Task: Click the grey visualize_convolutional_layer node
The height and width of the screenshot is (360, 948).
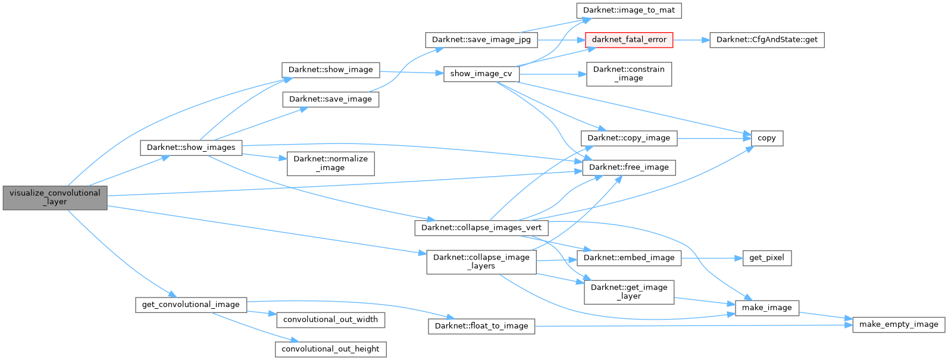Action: point(55,198)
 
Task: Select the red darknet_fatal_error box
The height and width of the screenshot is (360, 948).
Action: point(629,40)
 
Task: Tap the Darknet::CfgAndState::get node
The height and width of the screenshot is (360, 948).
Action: point(766,40)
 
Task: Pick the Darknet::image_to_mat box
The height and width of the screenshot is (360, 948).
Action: point(628,10)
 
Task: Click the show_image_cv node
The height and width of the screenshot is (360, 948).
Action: point(481,74)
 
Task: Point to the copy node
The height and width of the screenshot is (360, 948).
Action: point(766,138)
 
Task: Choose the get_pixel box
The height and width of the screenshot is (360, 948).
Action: point(766,258)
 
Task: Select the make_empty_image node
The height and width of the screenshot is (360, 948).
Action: point(899,324)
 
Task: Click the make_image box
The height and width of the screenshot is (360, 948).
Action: point(766,308)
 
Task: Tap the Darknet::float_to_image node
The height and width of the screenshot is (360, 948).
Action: point(481,326)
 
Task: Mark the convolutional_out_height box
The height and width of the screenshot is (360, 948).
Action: point(330,349)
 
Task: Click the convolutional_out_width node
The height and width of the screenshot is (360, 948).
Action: point(330,320)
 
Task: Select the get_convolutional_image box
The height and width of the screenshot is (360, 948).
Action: point(190,305)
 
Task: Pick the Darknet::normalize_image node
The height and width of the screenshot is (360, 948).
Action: point(330,164)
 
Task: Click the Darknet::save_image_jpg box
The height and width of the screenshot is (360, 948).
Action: point(481,40)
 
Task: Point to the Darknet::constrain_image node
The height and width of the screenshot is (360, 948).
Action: point(628,74)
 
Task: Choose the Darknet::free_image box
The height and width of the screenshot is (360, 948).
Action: point(628,167)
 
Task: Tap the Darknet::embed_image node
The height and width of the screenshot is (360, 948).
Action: point(629,258)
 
